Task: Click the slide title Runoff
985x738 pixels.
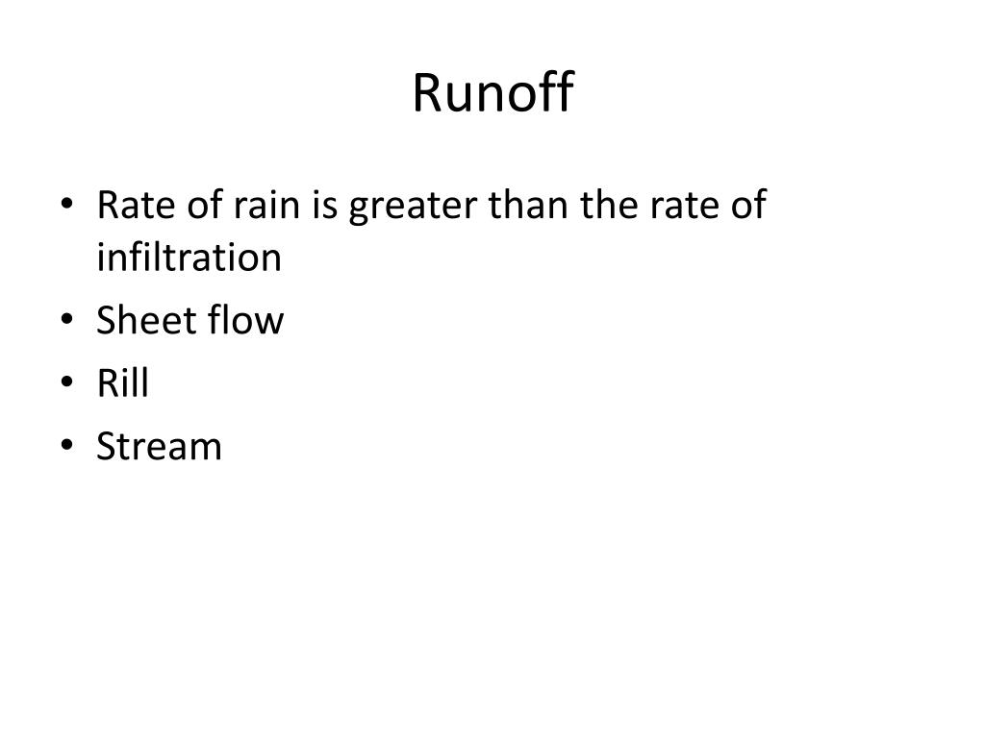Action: (492, 92)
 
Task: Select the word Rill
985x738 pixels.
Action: (123, 383)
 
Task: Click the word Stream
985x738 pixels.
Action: (160, 447)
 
